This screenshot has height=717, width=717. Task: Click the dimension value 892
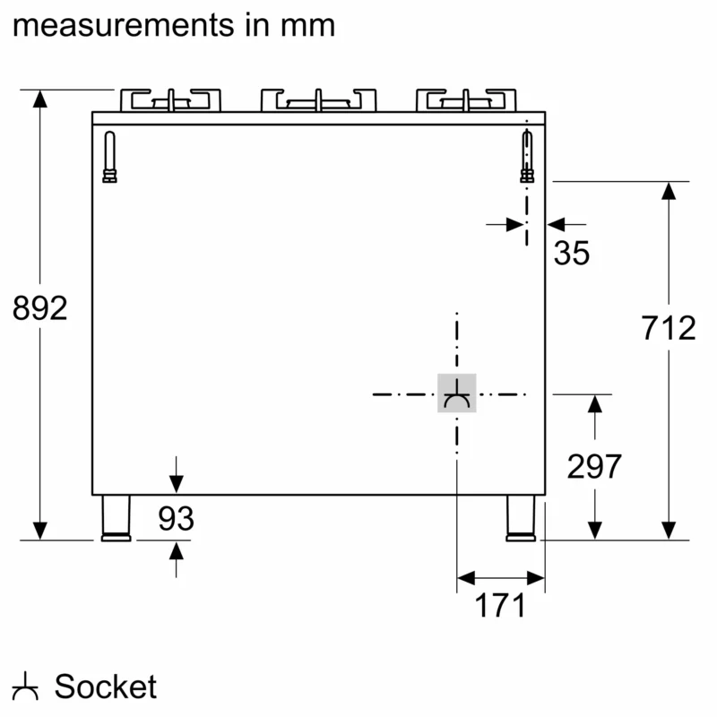coord(40,308)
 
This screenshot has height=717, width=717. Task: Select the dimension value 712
coord(669,329)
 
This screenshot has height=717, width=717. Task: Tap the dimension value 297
coord(594,466)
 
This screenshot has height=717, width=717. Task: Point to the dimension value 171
coord(499,607)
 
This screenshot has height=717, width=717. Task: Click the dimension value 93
coord(177,518)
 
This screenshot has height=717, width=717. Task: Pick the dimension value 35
coord(572,254)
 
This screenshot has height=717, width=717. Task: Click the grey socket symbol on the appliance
coord(457,393)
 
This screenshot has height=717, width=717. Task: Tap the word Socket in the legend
coord(106,687)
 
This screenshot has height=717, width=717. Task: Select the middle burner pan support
coord(317,99)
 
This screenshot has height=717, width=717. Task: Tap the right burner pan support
coord(467,99)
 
